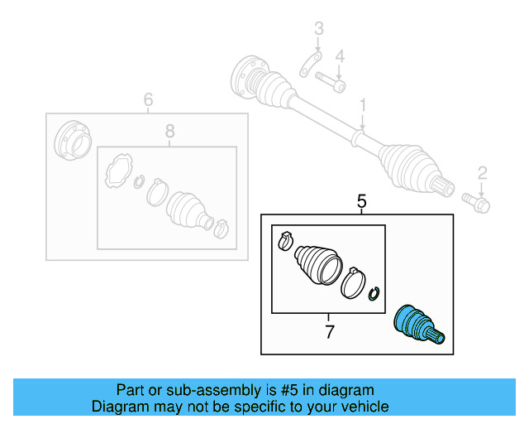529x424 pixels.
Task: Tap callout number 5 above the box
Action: pos(360,201)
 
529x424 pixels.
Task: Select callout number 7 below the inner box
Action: pos(329,333)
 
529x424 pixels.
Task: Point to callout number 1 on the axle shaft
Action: pos(361,105)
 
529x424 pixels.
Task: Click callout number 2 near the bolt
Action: pos(483,172)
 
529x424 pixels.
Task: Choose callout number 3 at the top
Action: pos(318,31)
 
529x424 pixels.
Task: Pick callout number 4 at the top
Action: pos(339,55)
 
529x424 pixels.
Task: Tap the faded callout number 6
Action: pos(148,100)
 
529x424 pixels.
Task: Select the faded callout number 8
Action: pos(169,131)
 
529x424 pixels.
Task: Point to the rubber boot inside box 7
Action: pos(316,263)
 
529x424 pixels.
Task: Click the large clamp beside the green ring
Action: pos(354,282)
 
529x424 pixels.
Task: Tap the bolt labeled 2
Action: pos(477,200)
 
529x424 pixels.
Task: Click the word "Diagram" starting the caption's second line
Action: pos(116,407)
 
